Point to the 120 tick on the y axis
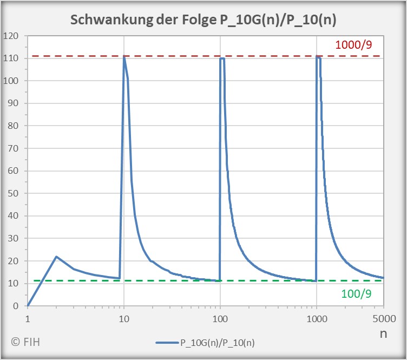pos(11,36)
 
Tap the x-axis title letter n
pos(383,333)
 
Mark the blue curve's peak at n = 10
pos(124,56)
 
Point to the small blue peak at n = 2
pos(56,257)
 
